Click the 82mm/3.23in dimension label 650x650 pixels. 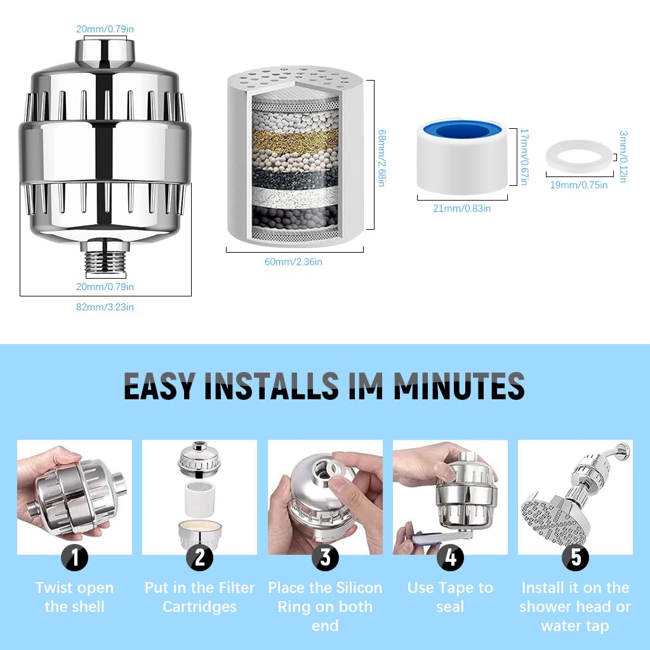pyautogui.click(x=105, y=307)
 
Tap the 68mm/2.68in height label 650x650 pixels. pyautogui.click(x=381, y=158)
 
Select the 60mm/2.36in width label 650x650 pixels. pyautogui.click(x=293, y=262)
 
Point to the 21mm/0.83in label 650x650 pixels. pyautogui.click(x=462, y=208)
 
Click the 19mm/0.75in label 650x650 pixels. pyautogui.click(x=579, y=185)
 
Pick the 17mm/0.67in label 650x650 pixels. pyautogui.click(x=524, y=157)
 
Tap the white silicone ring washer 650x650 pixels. pyautogui.click(x=580, y=156)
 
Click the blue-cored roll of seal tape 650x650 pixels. pyautogui.click(x=462, y=156)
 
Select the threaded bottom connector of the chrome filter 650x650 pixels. pyautogui.click(x=105, y=258)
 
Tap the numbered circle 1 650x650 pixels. pyautogui.click(x=75, y=557)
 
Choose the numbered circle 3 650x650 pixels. pyautogui.click(x=326, y=557)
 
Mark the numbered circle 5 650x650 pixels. pyautogui.click(x=575, y=557)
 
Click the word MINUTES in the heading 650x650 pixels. pyautogui.click(x=460, y=386)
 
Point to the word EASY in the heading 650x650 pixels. pyautogui.click(x=159, y=386)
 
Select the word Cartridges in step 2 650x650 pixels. pyautogui.click(x=199, y=607)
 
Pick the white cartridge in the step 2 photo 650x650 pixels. pyautogui.click(x=200, y=499)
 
